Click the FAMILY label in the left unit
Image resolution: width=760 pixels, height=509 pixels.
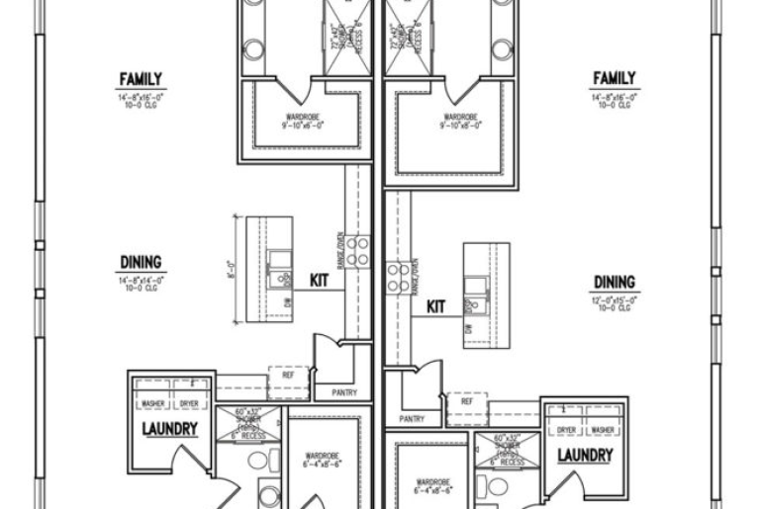point(141,79)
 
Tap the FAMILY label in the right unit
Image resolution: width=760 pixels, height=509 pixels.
point(614,78)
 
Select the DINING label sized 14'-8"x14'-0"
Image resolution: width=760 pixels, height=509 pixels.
point(142,263)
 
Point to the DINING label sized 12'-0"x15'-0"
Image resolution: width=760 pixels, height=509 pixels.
point(615,283)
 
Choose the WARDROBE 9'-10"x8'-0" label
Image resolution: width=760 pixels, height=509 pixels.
point(463,122)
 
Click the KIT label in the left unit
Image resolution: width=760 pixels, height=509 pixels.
point(320,281)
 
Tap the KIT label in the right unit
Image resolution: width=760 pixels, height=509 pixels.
point(435,306)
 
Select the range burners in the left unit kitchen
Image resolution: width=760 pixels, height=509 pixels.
point(357,250)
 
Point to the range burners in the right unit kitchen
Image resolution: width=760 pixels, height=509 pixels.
point(398,277)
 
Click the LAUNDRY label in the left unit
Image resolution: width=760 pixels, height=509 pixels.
point(169,430)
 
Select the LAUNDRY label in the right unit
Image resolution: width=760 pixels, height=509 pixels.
point(585,456)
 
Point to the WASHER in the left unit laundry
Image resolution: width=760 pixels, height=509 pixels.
point(152,403)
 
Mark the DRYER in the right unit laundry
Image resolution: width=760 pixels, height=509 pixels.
point(566,430)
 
